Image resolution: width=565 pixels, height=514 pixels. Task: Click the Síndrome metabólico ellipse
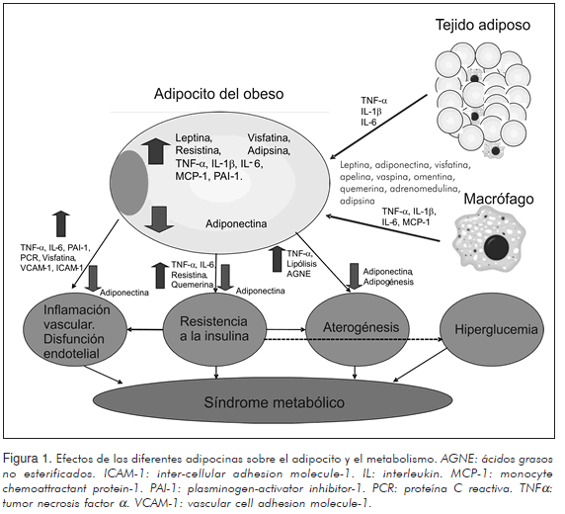(273, 401)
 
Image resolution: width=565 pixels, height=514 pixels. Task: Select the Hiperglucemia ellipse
(492, 330)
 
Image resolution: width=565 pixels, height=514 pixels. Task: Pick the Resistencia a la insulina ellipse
(214, 328)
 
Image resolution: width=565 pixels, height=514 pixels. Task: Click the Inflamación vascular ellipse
(76, 331)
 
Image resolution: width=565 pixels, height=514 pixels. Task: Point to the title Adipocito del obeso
(218, 94)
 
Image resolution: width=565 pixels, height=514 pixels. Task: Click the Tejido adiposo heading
(483, 25)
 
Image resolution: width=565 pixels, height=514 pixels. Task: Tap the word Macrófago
(499, 199)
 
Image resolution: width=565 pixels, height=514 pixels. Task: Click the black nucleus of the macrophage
(496, 247)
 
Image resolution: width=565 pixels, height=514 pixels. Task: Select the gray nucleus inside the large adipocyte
(129, 183)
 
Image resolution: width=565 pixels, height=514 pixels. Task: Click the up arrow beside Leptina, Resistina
(156, 151)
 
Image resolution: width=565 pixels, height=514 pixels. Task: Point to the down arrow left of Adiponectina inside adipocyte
(159, 219)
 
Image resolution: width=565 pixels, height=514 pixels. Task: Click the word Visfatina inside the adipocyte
(269, 137)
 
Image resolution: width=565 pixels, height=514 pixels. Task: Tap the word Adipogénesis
(388, 282)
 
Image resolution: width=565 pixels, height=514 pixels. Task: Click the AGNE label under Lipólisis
(298, 274)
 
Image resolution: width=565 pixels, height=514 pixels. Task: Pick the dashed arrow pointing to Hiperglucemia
(354, 339)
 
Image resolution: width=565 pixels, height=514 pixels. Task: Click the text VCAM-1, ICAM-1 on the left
(52, 268)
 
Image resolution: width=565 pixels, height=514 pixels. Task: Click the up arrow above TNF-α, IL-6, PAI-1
(61, 223)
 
